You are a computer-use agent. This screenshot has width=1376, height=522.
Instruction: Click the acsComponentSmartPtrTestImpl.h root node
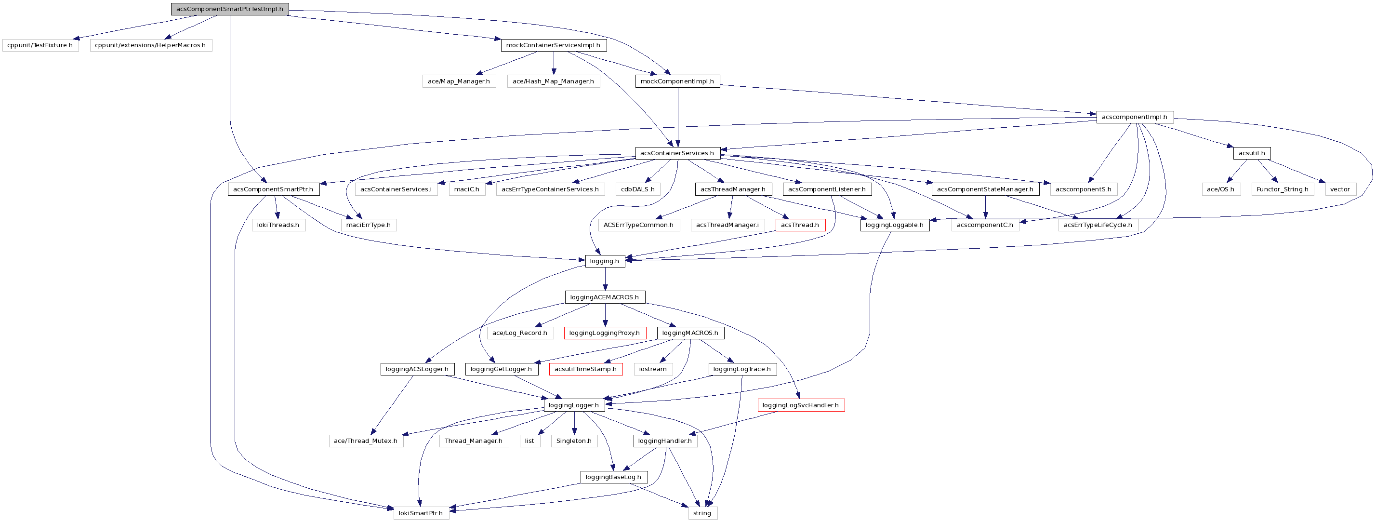230,9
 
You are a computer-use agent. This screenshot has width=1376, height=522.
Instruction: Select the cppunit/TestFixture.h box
40,45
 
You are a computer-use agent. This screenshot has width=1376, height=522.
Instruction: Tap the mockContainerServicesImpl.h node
554,45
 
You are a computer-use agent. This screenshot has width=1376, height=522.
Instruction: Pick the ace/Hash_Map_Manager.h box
554,81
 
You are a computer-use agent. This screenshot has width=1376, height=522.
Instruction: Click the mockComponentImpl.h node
677,81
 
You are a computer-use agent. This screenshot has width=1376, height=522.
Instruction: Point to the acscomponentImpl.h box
1135,117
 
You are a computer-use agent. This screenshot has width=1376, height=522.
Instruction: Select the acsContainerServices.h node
677,153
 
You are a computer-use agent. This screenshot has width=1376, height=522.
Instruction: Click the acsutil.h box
1252,153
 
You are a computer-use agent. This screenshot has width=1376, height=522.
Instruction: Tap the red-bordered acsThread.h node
800,225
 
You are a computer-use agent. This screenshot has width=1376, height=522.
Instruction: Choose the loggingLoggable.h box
895,225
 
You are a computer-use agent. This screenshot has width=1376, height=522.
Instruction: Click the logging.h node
605,261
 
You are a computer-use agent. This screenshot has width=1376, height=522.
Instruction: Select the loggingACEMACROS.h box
605,297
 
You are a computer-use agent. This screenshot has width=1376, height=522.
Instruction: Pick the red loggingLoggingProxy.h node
605,333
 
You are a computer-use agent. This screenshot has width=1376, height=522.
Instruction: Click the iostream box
653,369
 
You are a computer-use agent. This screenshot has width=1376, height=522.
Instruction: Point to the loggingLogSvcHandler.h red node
801,405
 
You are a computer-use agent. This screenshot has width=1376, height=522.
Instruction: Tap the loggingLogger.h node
574,405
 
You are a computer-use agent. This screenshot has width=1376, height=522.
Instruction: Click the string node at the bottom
702,513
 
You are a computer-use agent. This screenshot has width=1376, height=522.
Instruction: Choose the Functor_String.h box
1283,189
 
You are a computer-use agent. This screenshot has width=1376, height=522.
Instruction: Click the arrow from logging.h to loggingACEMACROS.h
605,279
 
